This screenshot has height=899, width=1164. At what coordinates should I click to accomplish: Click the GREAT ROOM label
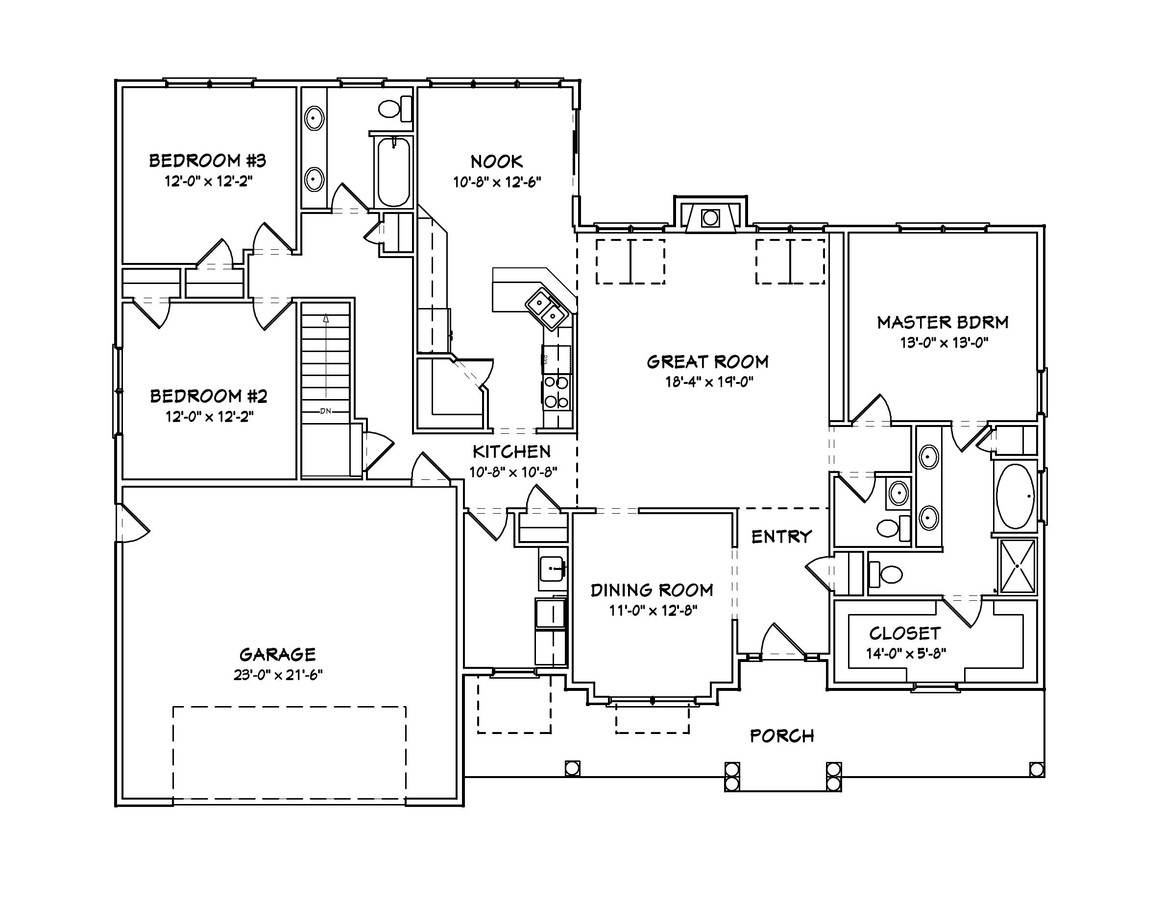pos(707,362)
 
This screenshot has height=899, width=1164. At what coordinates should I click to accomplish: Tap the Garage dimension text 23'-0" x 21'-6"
pos(278,675)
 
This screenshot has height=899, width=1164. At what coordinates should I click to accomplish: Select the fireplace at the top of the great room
pos(710,218)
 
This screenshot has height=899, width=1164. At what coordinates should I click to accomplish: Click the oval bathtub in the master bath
pos(1015,496)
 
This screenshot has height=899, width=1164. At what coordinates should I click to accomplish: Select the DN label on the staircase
pos(325,411)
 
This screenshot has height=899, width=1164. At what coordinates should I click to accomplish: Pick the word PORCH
pos(782,736)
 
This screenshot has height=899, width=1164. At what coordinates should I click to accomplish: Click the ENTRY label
pos(781,536)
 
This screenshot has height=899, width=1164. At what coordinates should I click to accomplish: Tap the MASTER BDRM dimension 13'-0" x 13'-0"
pos(944,343)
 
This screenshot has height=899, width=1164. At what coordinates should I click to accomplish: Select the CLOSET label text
pos(904,633)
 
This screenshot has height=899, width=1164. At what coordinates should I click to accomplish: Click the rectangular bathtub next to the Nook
pos(393,171)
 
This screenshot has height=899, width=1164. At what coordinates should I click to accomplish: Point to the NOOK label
pos(496,162)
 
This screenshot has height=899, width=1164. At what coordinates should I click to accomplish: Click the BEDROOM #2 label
pos(208,396)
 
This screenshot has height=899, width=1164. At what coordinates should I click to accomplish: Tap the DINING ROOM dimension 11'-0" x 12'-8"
pos(653,610)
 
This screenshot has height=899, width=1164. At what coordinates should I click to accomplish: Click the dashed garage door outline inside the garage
pos(290,709)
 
